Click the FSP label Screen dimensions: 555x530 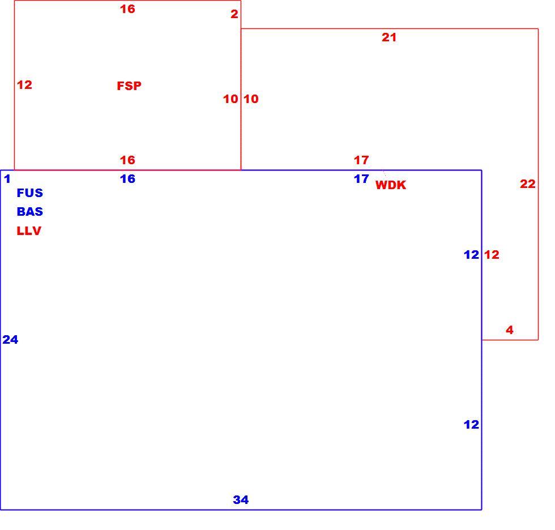(x=129, y=86)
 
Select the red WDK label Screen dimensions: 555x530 (x=391, y=185)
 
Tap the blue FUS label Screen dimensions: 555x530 (x=29, y=193)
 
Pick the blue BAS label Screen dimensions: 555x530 (x=29, y=212)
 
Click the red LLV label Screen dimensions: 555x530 (x=29, y=230)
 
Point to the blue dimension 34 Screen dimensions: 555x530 (x=241, y=499)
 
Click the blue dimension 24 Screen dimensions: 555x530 (x=10, y=339)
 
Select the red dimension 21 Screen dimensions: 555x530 (x=389, y=37)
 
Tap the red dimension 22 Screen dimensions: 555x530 (x=528, y=183)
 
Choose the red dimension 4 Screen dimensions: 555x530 (x=510, y=330)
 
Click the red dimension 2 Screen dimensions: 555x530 (x=234, y=14)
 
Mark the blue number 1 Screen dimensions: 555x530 (x=7, y=179)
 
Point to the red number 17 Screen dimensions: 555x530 (x=361, y=160)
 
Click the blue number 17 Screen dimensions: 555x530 (x=361, y=179)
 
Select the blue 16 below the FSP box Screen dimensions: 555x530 (x=127, y=179)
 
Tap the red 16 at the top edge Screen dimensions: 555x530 (x=127, y=9)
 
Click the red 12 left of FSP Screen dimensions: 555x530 (x=24, y=84)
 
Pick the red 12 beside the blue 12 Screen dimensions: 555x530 (x=492, y=254)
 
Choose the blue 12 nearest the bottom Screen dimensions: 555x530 (x=471, y=424)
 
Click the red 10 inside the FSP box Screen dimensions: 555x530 (x=231, y=99)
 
